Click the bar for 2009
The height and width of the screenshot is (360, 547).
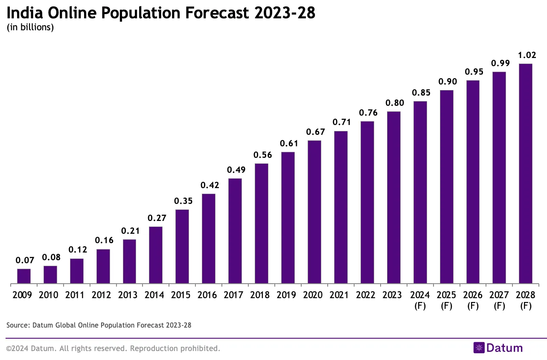pyautogui.click(x=24, y=276)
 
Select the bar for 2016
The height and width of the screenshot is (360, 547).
pyautogui.click(x=208, y=238)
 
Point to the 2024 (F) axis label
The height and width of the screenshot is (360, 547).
pyautogui.click(x=420, y=300)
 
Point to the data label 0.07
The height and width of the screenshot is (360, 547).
pyautogui.click(x=24, y=260)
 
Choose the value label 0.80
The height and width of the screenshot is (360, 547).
pyautogui.click(x=393, y=103)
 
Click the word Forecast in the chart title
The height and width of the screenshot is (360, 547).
pyautogui.click(x=220, y=13)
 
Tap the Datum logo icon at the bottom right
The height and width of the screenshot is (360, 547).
pyautogui.click(x=479, y=348)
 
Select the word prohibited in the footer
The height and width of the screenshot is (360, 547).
pyautogui.click(x=199, y=348)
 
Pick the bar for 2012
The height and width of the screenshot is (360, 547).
pyautogui.click(x=103, y=266)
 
